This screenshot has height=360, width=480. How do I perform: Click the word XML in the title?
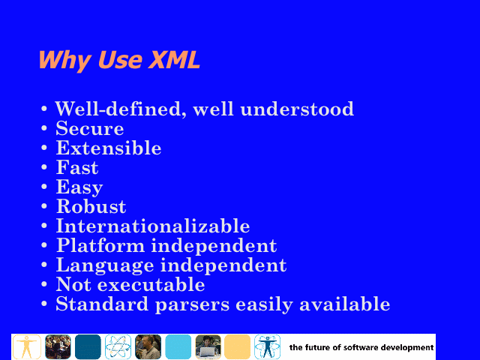tap(174, 59)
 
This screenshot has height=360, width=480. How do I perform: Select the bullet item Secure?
tap(90, 128)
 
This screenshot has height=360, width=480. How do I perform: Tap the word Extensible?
tap(109, 148)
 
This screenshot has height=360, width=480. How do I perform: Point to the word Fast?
tap(77, 167)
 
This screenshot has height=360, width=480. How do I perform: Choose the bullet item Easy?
tap(79, 187)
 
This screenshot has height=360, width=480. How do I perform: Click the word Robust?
tap(91, 206)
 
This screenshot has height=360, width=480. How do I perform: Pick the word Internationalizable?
tap(153, 226)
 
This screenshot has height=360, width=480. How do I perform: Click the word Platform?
tap(100, 245)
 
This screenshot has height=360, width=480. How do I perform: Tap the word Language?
tap(105, 265)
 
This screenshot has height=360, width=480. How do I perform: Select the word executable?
tap(151, 284)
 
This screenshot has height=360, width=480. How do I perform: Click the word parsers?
tap(192, 305)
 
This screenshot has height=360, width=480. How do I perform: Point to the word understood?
tap(297, 109)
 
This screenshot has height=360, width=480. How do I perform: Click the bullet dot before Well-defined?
tap(44, 109)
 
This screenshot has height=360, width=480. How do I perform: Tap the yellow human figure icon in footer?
tap(27, 346)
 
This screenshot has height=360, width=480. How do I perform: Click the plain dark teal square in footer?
tap(88, 346)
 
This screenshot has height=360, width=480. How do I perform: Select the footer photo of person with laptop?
tap(208, 346)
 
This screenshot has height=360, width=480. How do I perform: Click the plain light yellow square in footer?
tap(237, 346)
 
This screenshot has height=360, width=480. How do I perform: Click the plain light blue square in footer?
tap(178, 346)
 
